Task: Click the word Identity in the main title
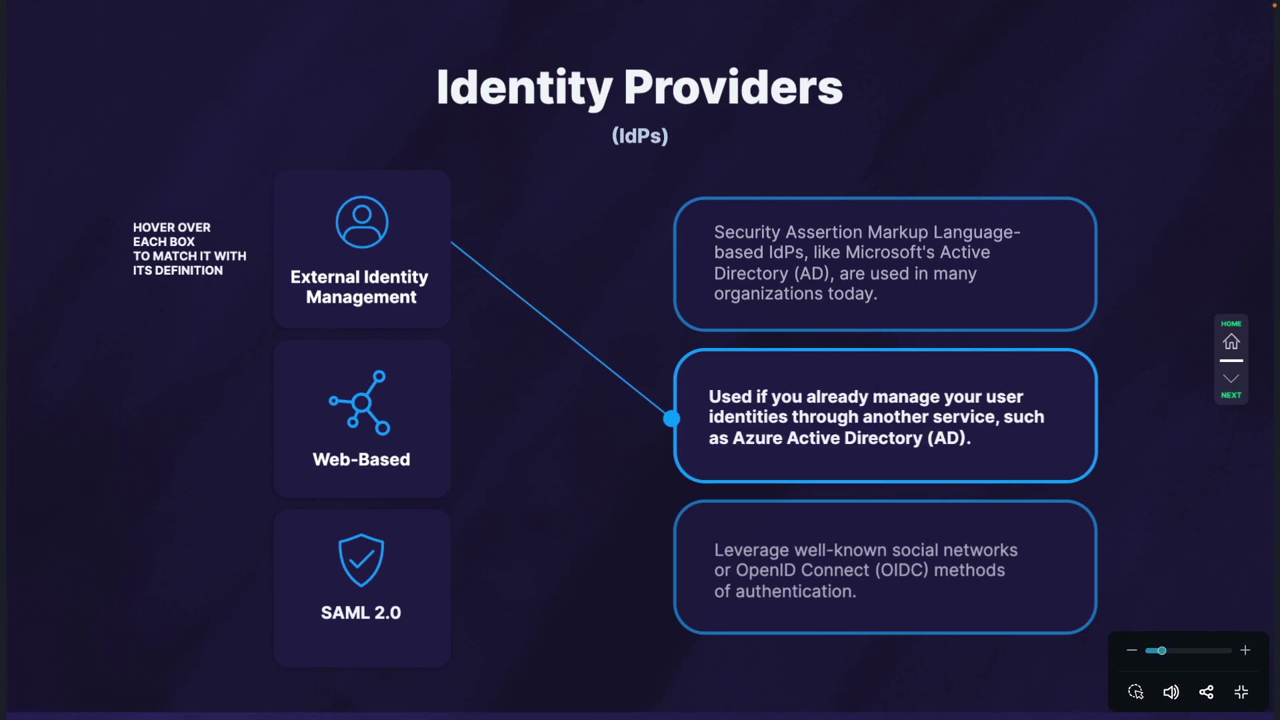click(x=525, y=88)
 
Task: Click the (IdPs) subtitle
click(x=640, y=136)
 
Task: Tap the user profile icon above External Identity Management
click(x=362, y=222)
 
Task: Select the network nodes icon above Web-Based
click(x=360, y=403)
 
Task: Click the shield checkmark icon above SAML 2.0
click(x=361, y=560)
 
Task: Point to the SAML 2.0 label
click(x=361, y=613)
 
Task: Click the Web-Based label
click(x=361, y=459)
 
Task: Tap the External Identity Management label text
click(x=360, y=287)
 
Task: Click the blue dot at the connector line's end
click(x=671, y=419)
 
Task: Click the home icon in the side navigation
click(x=1231, y=342)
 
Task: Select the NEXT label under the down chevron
click(x=1231, y=395)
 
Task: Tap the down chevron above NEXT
click(x=1231, y=379)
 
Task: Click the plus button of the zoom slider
click(x=1245, y=650)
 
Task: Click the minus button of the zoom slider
click(x=1132, y=650)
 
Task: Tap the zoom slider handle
click(x=1162, y=651)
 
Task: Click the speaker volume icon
click(x=1171, y=692)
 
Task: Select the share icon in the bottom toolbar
click(x=1206, y=692)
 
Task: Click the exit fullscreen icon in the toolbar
click(x=1241, y=692)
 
